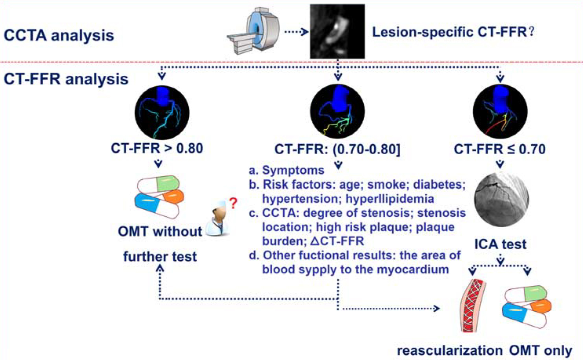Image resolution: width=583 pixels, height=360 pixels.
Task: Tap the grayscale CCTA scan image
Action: coord(337,31)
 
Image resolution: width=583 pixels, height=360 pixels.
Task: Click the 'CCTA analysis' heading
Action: coord(59,35)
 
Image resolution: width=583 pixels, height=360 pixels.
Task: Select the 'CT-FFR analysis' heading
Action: coord(66,79)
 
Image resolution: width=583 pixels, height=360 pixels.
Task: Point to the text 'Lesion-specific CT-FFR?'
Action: coord(453,32)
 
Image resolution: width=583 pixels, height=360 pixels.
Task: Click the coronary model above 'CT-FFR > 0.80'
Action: coord(162,113)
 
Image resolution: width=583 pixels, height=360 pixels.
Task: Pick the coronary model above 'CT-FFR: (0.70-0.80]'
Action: coord(337,112)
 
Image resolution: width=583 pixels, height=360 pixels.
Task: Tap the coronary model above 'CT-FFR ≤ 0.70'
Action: coord(500,112)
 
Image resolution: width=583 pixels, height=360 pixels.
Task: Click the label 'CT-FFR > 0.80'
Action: coord(157,148)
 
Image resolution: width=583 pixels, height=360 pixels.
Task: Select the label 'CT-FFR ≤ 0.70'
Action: coord(499,149)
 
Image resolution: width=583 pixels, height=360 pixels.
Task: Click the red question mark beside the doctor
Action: coord(233,203)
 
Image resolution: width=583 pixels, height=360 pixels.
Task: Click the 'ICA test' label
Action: coord(500,244)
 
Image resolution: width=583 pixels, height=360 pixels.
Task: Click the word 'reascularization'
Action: coord(449,350)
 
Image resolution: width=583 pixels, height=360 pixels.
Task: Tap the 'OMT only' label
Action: coord(541,350)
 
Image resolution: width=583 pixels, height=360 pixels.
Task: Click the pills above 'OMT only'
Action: coord(527,306)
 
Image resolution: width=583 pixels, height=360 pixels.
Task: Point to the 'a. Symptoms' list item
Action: coord(286,170)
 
